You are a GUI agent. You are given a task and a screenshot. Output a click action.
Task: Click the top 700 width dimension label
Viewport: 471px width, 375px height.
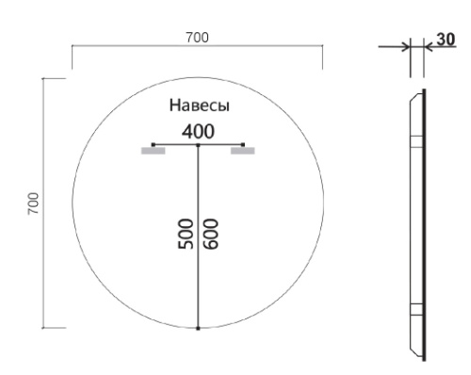pos(197,37)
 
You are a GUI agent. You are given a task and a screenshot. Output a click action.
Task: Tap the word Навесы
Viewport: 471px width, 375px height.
pos(199,105)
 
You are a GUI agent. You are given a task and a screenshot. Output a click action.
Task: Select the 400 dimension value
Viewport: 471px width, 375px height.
pos(198,131)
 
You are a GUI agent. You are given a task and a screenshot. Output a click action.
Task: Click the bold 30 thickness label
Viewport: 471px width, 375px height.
pos(446,40)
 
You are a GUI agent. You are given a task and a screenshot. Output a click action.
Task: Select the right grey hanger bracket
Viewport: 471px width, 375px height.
pos(243,150)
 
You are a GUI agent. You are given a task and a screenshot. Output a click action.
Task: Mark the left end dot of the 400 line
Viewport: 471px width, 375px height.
pos(154,144)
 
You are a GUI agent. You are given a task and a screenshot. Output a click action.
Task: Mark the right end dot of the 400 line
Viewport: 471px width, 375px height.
pos(243,144)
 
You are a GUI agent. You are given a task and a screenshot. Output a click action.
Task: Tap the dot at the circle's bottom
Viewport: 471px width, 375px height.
pos(198,328)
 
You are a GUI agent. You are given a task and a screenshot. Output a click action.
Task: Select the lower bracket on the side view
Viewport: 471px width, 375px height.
pos(415,310)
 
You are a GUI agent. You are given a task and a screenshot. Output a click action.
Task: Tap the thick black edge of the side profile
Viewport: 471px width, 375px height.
pos(423,226)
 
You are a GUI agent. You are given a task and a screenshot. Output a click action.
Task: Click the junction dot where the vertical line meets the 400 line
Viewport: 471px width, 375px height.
pos(198,144)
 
